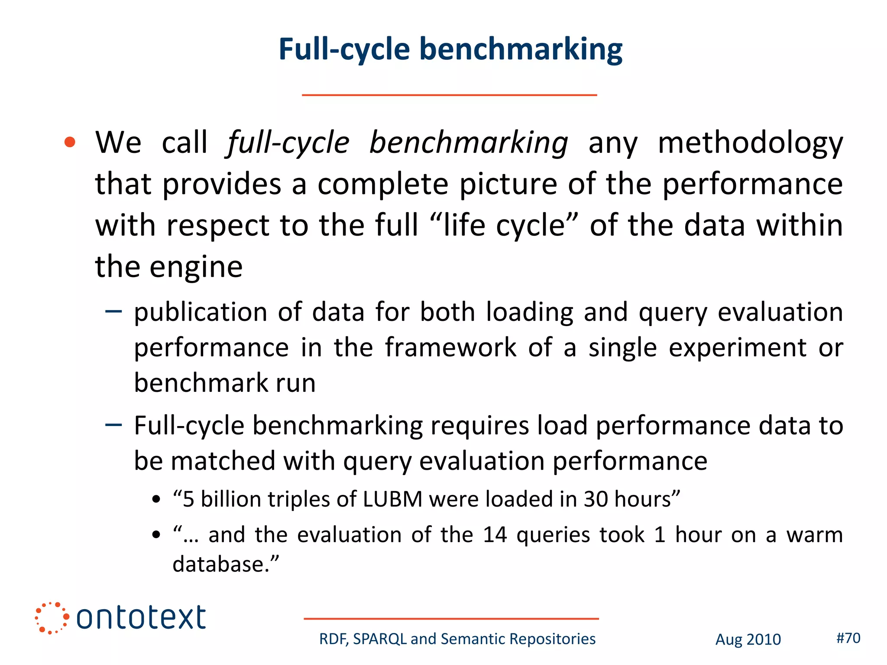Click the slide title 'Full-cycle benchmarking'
pos(450,49)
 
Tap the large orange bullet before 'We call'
pos(70,142)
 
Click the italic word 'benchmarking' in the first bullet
pos(468,143)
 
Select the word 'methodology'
pos(750,143)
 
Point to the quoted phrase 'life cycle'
pos(504,226)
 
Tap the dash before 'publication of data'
pos(113,311)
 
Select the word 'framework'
pos(450,347)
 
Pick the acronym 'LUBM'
pos(392,499)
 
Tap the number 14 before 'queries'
pos(495,535)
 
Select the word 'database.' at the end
pos(226,564)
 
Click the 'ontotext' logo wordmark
pos(141,617)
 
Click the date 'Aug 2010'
pos(748,639)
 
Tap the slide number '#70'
pos(848,638)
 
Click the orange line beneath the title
pos(449,95)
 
